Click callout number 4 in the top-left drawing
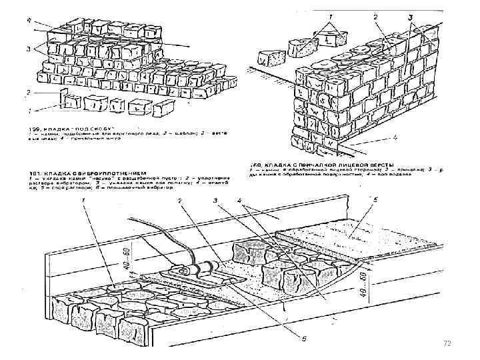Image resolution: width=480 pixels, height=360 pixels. [28, 21]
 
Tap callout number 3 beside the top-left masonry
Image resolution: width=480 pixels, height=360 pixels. [28, 47]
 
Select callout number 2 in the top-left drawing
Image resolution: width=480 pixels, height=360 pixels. [28, 92]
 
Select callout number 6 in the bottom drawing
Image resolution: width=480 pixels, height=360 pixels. [305, 338]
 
